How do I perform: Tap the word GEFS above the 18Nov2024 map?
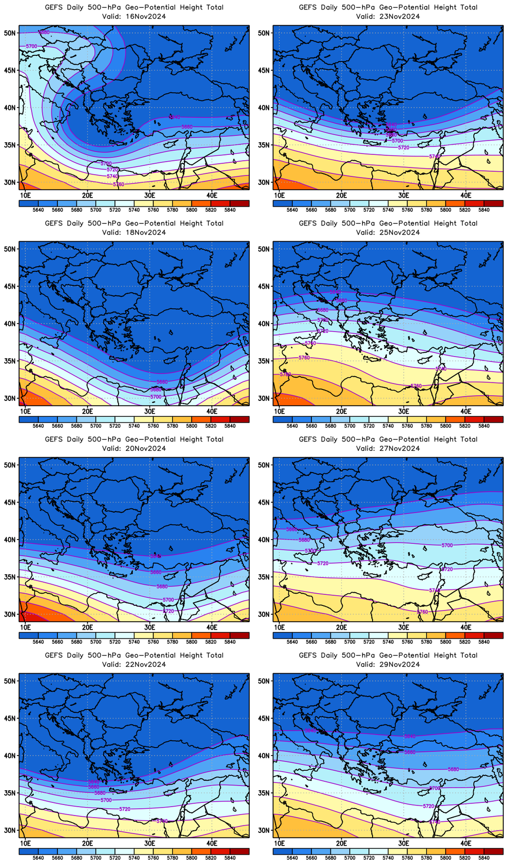(x=53, y=223)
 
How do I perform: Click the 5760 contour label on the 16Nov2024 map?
(x=119, y=184)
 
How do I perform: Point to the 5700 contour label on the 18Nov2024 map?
(x=155, y=397)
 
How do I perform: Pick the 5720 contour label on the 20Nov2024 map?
(x=168, y=611)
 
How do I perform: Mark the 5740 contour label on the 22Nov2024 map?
(x=162, y=821)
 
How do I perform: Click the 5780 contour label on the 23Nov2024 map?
(x=434, y=156)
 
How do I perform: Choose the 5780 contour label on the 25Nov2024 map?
(x=285, y=375)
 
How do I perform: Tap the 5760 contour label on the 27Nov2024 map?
(x=422, y=612)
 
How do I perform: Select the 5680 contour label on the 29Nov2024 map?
(x=453, y=769)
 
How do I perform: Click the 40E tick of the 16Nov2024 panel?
(x=212, y=195)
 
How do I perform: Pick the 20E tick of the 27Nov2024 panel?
(x=341, y=627)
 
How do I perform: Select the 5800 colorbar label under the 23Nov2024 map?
(x=445, y=210)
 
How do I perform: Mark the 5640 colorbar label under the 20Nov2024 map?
(x=38, y=642)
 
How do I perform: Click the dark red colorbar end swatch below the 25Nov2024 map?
(x=493, y=419)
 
